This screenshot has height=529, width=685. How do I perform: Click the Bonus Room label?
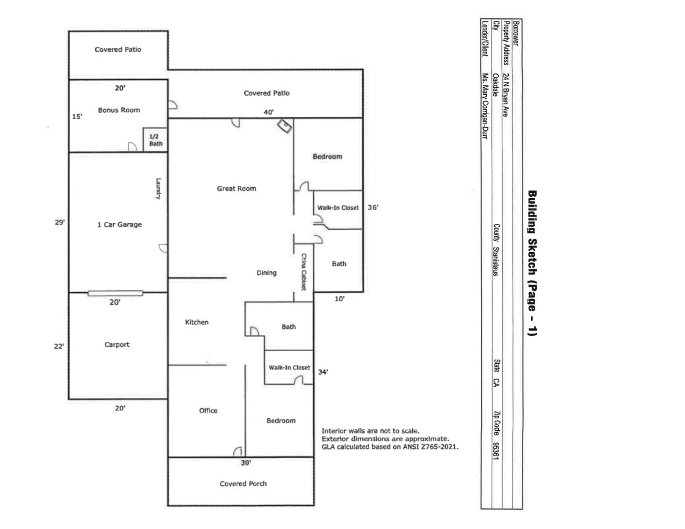point(119,110)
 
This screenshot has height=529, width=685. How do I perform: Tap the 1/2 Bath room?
point(155,140)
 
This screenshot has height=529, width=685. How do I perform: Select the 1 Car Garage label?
point(119,224)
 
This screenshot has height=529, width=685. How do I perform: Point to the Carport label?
point(117,344)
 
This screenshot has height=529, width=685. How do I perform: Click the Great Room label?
point(236,188)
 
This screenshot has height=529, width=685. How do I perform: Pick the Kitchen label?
point(197,322)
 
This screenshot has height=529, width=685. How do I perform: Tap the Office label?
point(208,410)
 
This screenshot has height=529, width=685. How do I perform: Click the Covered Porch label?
point(243,483)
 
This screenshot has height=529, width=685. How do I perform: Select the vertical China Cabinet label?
point(304,272)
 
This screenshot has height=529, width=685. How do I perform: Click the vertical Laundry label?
point(158,188)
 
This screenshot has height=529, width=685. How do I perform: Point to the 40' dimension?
point(269,112)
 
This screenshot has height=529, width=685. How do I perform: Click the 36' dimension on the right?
point(373,207)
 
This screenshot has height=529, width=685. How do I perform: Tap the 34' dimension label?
point(323,372)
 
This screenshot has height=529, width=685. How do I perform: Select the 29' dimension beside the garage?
point(60,222)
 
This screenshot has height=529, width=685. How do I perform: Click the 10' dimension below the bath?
point(339,299)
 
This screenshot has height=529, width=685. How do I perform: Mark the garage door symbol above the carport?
point(115,293)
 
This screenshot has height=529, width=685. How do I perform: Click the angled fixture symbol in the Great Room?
point(285,126)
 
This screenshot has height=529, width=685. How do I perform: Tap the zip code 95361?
point(495,450)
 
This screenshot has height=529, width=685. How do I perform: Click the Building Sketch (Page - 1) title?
point(532,263)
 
